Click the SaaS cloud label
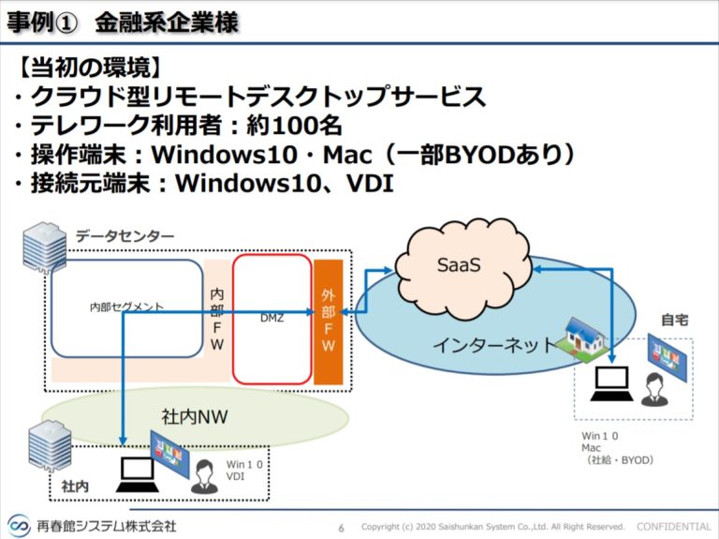point(459,266)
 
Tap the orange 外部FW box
point(329,319)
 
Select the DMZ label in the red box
point(271,318)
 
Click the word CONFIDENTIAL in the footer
point(674,526)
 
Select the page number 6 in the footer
point(341,527)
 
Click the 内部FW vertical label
point(217,320)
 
